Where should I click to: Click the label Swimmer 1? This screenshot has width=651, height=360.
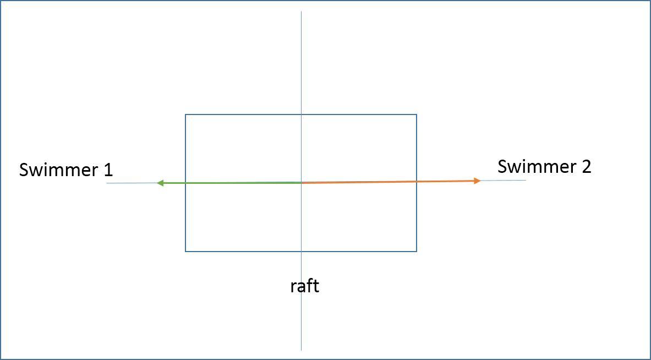point(65,170)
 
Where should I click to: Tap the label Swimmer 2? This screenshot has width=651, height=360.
point(544,166)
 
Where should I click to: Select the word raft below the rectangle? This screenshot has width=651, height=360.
point(304,286)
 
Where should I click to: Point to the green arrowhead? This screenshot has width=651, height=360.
point(160,183)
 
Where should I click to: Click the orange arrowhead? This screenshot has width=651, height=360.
point(477,181)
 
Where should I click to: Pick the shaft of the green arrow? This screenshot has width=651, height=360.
point(231,183)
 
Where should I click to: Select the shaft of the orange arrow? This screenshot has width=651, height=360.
point(385,182)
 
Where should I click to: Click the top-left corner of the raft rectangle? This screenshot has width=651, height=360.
point(185,114)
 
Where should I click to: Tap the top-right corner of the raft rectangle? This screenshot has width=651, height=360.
point(417,114)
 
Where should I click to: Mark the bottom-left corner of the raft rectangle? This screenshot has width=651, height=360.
point(185,252)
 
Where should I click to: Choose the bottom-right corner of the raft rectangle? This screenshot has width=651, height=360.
point(417,252)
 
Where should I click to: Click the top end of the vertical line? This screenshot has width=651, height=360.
point(301,12)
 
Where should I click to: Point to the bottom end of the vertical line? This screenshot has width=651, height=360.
point(301,350)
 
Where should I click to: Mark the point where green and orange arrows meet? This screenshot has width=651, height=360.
point(301,182)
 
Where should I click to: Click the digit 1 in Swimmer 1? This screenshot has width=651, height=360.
point(108,170)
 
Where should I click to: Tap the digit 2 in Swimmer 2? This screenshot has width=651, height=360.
point(586,166)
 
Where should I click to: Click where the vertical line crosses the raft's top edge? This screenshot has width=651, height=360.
point(301,114)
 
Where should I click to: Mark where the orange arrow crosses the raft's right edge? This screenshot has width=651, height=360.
point(417,181)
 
